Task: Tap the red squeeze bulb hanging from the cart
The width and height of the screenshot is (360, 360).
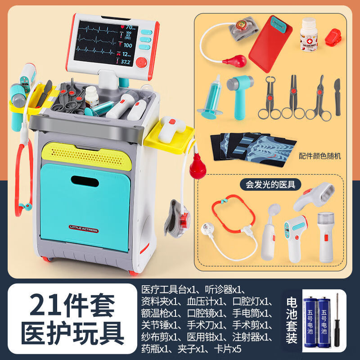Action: (x=196, y=168)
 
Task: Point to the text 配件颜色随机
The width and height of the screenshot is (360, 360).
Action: (x=320, y=156)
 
